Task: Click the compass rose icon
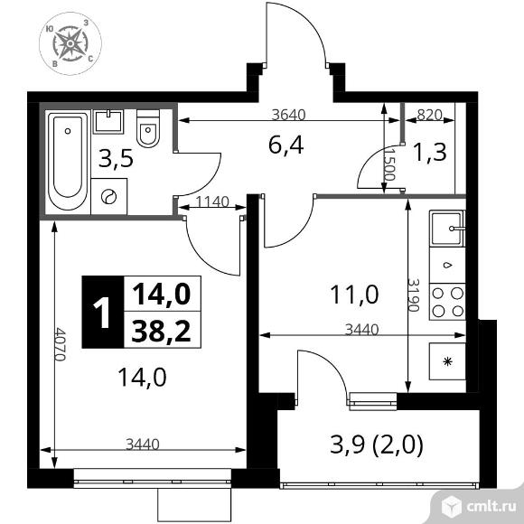click(70, 43)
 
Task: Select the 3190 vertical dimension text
click(412, 295)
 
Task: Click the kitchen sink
click(447, 229)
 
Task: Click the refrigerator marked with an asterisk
click(447, 363)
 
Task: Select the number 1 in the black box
click(102, 312)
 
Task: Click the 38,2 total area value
click(161, 332)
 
